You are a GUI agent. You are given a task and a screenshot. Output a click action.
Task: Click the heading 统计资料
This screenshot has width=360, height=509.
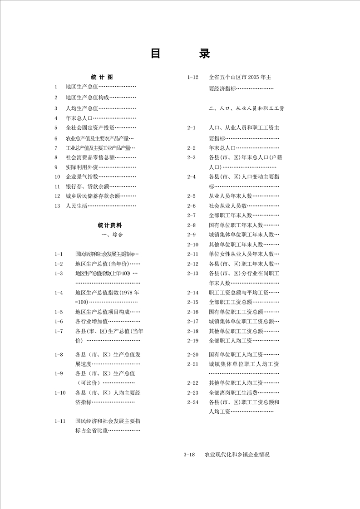coord(110,225)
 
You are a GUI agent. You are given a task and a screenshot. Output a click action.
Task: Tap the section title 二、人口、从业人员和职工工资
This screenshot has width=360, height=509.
coord(247,109)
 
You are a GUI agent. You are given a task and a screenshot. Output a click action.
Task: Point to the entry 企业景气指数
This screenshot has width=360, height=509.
coord(82,176)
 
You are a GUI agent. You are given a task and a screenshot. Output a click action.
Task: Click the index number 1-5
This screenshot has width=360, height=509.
coord(59,312)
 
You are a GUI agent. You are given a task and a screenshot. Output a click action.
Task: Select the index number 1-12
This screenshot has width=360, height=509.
coord(193,77)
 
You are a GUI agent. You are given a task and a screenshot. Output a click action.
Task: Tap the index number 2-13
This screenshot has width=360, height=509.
coord(193,274)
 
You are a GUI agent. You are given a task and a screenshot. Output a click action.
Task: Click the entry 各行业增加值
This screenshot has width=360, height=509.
coord(91,322)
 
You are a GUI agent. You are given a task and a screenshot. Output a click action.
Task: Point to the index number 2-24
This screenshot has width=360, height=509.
coord(193,402)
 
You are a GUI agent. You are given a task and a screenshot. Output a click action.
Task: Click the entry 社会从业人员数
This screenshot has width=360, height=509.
coord(227,206)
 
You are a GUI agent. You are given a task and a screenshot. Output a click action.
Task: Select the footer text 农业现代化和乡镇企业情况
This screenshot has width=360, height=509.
coord(237,455)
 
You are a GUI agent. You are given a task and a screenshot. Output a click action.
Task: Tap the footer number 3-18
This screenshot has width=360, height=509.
coord(189,455)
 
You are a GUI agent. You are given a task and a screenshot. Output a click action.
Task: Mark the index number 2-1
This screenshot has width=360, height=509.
coord(191,128)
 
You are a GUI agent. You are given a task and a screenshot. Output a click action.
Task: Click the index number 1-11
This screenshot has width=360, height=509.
coord(59,421)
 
